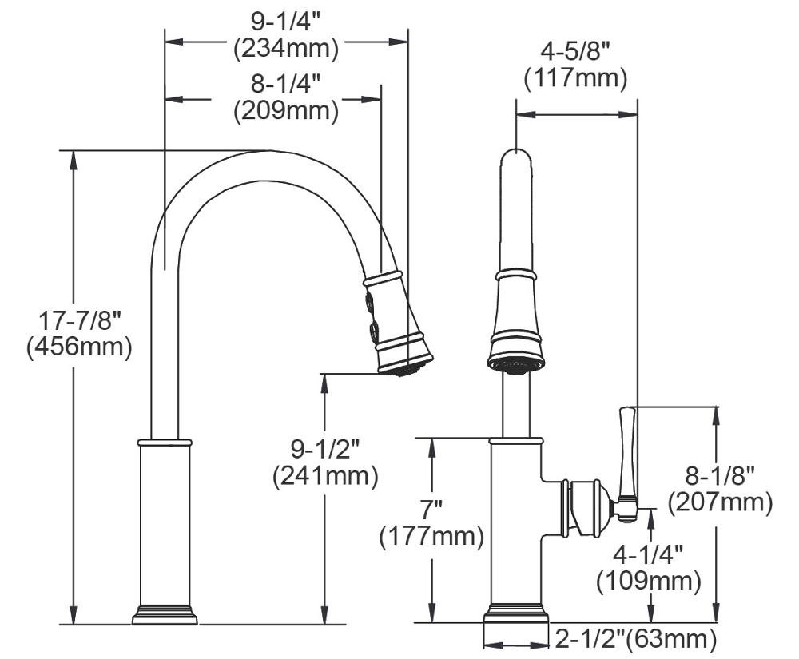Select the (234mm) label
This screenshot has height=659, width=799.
click(x=286, y=48)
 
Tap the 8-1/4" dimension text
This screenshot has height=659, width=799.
click(x=286, y=83)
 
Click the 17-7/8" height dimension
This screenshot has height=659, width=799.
click(x=79, y=321)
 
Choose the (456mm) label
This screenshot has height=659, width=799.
click(x=79, y=348)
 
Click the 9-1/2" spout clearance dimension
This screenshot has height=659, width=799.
click(x=324, y=448)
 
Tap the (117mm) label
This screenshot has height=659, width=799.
click(x=575, y=79)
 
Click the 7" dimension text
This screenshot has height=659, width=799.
click(x=431, y=509)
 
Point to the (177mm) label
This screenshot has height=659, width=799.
click(x=431, y=536)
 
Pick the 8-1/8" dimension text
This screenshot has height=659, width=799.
click(x=720, y=475)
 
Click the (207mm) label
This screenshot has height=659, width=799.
click(x=720, y=502)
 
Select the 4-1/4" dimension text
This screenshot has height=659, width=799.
click(x=649, y=554)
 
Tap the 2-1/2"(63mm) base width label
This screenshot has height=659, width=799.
click(x=635, y=638)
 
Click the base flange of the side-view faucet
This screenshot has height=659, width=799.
click(x=165, y=615)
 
